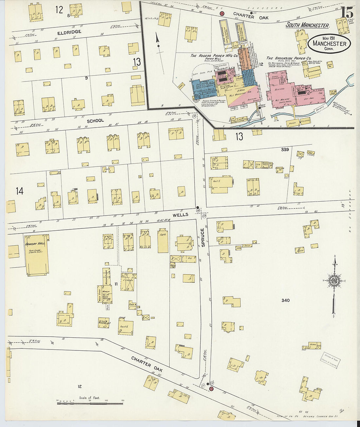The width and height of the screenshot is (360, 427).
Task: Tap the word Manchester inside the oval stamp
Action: (329, 44)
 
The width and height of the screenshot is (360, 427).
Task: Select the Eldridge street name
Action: (69, 32)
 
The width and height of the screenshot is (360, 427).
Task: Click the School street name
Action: (95, 121)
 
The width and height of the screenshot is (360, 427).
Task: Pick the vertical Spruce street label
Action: (203, 237)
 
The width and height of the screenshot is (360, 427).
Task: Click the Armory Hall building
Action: (37, 255)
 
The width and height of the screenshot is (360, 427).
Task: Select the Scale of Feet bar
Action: (90, 403)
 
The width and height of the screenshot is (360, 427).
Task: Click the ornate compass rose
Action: (334, 281)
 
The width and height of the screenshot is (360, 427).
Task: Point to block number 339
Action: (285, 150)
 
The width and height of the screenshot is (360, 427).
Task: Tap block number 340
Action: (285, 300)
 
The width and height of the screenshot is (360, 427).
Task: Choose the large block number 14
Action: (20, 191)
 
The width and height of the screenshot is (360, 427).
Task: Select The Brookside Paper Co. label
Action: (286, 58)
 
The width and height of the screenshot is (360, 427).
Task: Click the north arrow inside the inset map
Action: (158, 42)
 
